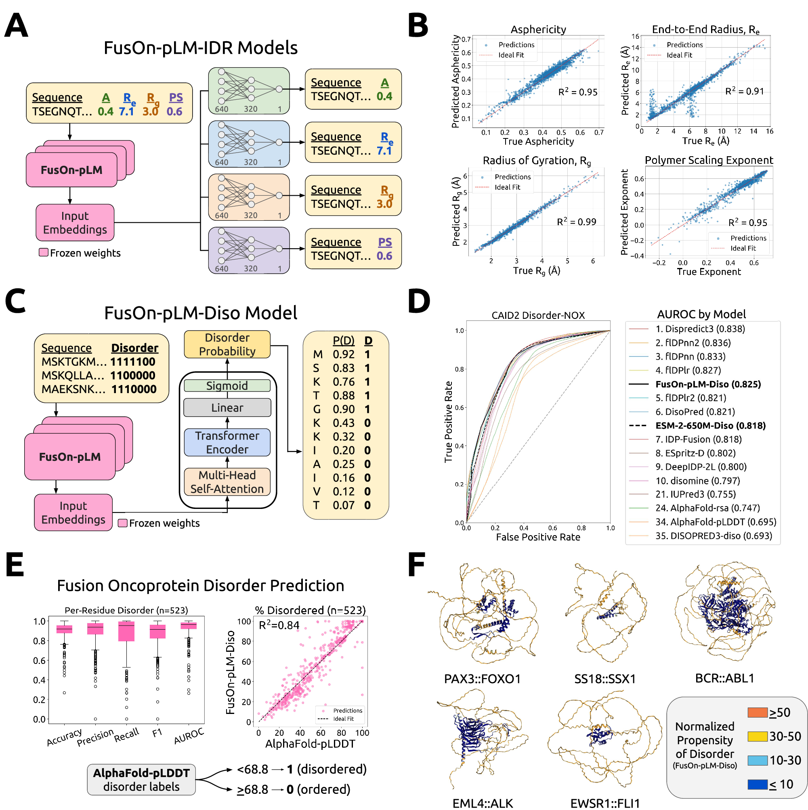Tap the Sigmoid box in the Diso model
click(x=227, y=385)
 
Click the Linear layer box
click(x=227, y=408)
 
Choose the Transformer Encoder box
click(x=227, y=442)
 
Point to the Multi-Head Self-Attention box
click(x=227, y=482)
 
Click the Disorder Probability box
click(x=227, y=344)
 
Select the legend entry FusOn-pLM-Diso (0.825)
click(x=708, y=384)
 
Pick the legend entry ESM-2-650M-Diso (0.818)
click(x=710, y=425)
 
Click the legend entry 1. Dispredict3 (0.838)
click(x=700, y=329)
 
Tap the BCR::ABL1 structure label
click(x=724, y=678)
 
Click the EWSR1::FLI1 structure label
click(x=604, y=803)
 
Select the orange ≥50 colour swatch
click(x=757, y=712)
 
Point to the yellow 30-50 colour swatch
click(x=757, y=736)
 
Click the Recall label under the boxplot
click(x=126, y=735)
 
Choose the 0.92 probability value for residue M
click(x=344, y=354)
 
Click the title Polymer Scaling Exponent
click(x=709, y=160)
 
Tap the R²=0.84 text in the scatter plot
click(x=279, y=625)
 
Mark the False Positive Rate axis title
click(x=538, y=537)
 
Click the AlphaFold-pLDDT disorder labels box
click(x=141, y=779)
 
